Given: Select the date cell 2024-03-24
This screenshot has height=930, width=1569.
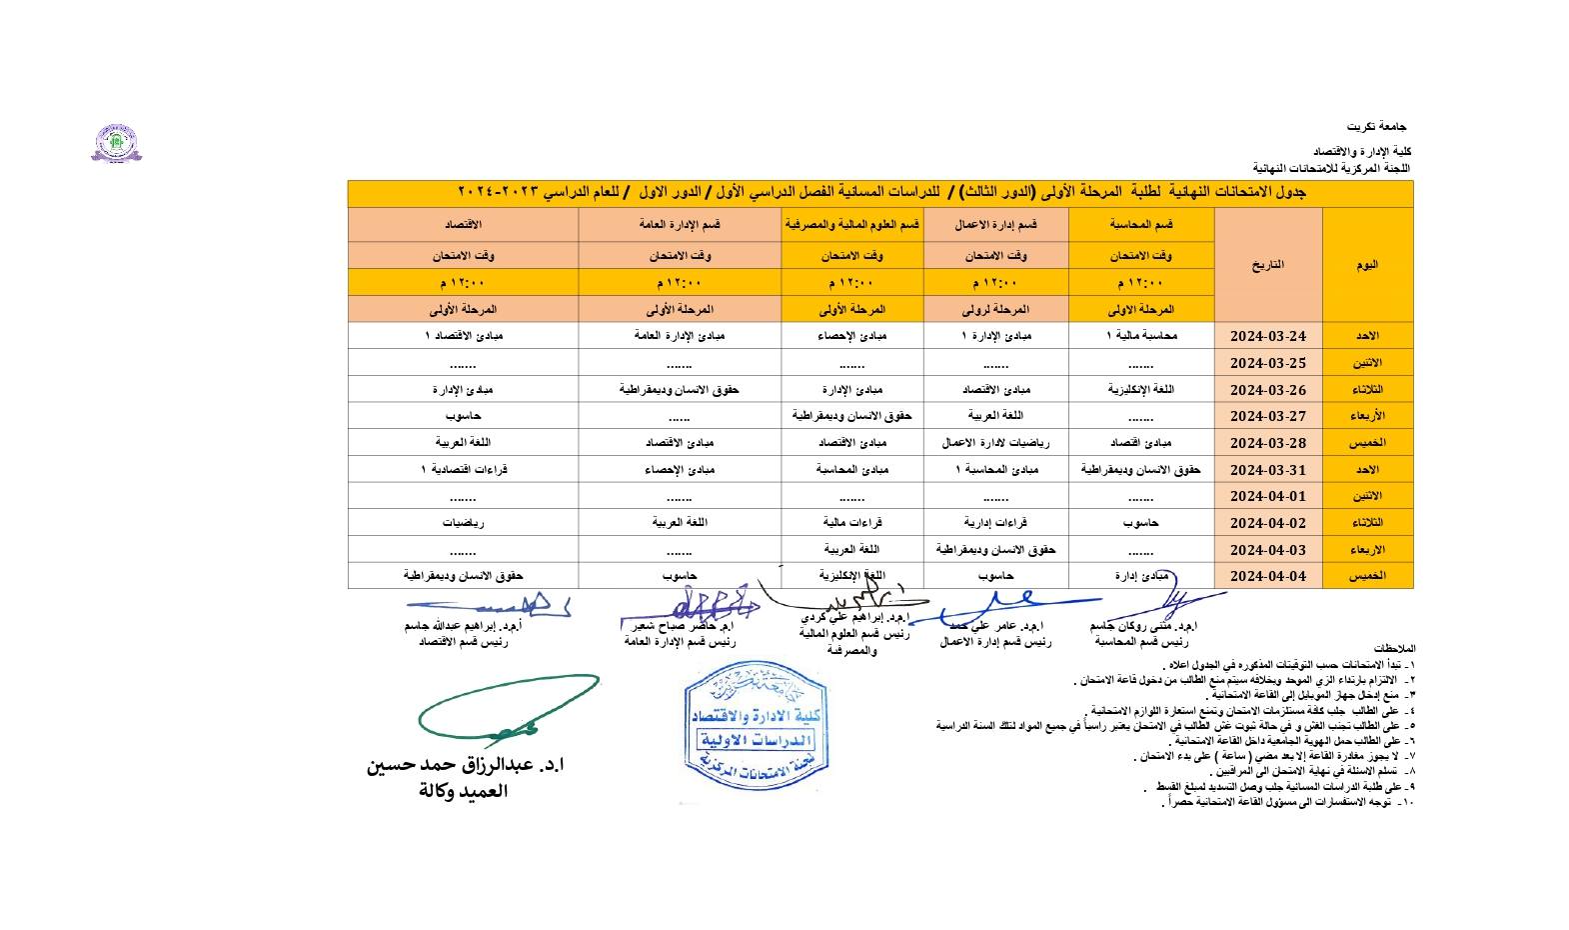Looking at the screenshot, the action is tap(1267, 336).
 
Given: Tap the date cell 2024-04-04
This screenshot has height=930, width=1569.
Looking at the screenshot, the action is tap(1267, 576).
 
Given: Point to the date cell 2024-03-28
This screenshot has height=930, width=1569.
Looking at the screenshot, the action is tap(1267, 443).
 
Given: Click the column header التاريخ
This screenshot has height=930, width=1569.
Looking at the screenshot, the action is tap(1268, 265).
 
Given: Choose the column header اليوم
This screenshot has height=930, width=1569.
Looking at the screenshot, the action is tap(1367, 265).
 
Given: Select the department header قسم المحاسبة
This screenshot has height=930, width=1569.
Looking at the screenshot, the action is tap(1141, 224).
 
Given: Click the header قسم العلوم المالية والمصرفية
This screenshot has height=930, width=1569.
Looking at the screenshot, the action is tap(851, 224).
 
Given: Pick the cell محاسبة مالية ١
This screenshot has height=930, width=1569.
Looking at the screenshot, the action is tap(1141, 336).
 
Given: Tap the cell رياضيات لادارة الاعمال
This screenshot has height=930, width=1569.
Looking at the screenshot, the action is tap(996, 442).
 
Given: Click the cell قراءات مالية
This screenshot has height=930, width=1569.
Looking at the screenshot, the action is tap(851, 522).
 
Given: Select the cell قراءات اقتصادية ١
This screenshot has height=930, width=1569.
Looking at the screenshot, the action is tap(464, 469).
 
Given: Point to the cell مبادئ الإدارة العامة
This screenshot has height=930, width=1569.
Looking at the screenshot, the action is tap(679, 336).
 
